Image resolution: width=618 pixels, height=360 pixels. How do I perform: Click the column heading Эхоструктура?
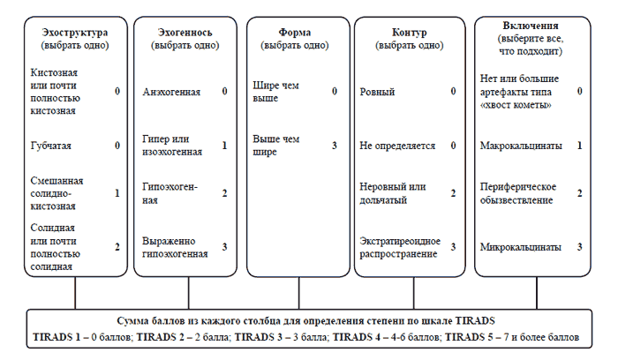[x=75, y=33]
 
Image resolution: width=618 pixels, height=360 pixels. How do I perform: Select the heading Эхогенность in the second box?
[x=185, y=33]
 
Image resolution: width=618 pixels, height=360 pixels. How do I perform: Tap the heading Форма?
[x=294, y=33]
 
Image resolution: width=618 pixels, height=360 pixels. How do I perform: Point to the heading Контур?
[x=409, y=33]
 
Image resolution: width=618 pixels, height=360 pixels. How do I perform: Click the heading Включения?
[x=531, y=26]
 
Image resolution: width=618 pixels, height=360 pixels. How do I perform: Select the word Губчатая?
[x=51, y=146]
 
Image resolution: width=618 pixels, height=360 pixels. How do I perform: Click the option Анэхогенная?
[x=171, y=92]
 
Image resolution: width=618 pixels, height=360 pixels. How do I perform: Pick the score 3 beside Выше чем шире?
[x=335, y=146]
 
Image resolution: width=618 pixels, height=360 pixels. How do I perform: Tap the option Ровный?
[x=377, y=92]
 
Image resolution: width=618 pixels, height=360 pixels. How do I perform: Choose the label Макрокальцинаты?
[x=521, y=146]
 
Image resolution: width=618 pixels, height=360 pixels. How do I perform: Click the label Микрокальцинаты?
[x=521, y=247]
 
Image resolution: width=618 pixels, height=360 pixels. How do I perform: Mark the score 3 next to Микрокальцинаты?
[x=579, y=247]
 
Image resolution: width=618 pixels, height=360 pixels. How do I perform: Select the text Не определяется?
[x=397, y=146]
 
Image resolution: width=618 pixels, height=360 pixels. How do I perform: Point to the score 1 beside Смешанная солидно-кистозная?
[x=117, y=193]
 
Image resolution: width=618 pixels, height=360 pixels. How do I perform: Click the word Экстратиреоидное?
[x=400, y=241]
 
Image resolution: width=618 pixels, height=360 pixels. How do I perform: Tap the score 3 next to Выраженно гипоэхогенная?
[x=224, y=247]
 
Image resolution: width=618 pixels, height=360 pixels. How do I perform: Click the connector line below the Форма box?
[x=298, y=293]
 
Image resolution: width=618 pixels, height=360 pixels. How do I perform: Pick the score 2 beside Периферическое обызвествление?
[x=579, y=193]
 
